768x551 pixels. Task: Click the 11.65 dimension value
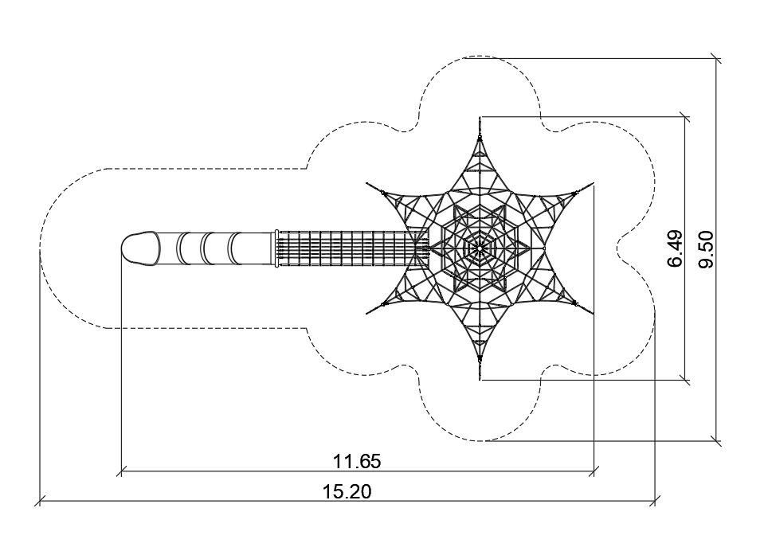tap(357, 461)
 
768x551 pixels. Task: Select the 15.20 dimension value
tap(347, 491)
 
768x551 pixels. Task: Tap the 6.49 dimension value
tap(675, 248)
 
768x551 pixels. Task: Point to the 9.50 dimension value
tap(706, 249)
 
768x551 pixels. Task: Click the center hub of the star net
tap(480, 248)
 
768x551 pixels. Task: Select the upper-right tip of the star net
tap(592, 185)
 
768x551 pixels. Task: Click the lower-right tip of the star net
tap(592, 313)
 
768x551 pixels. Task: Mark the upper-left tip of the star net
tap(367, 184)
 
